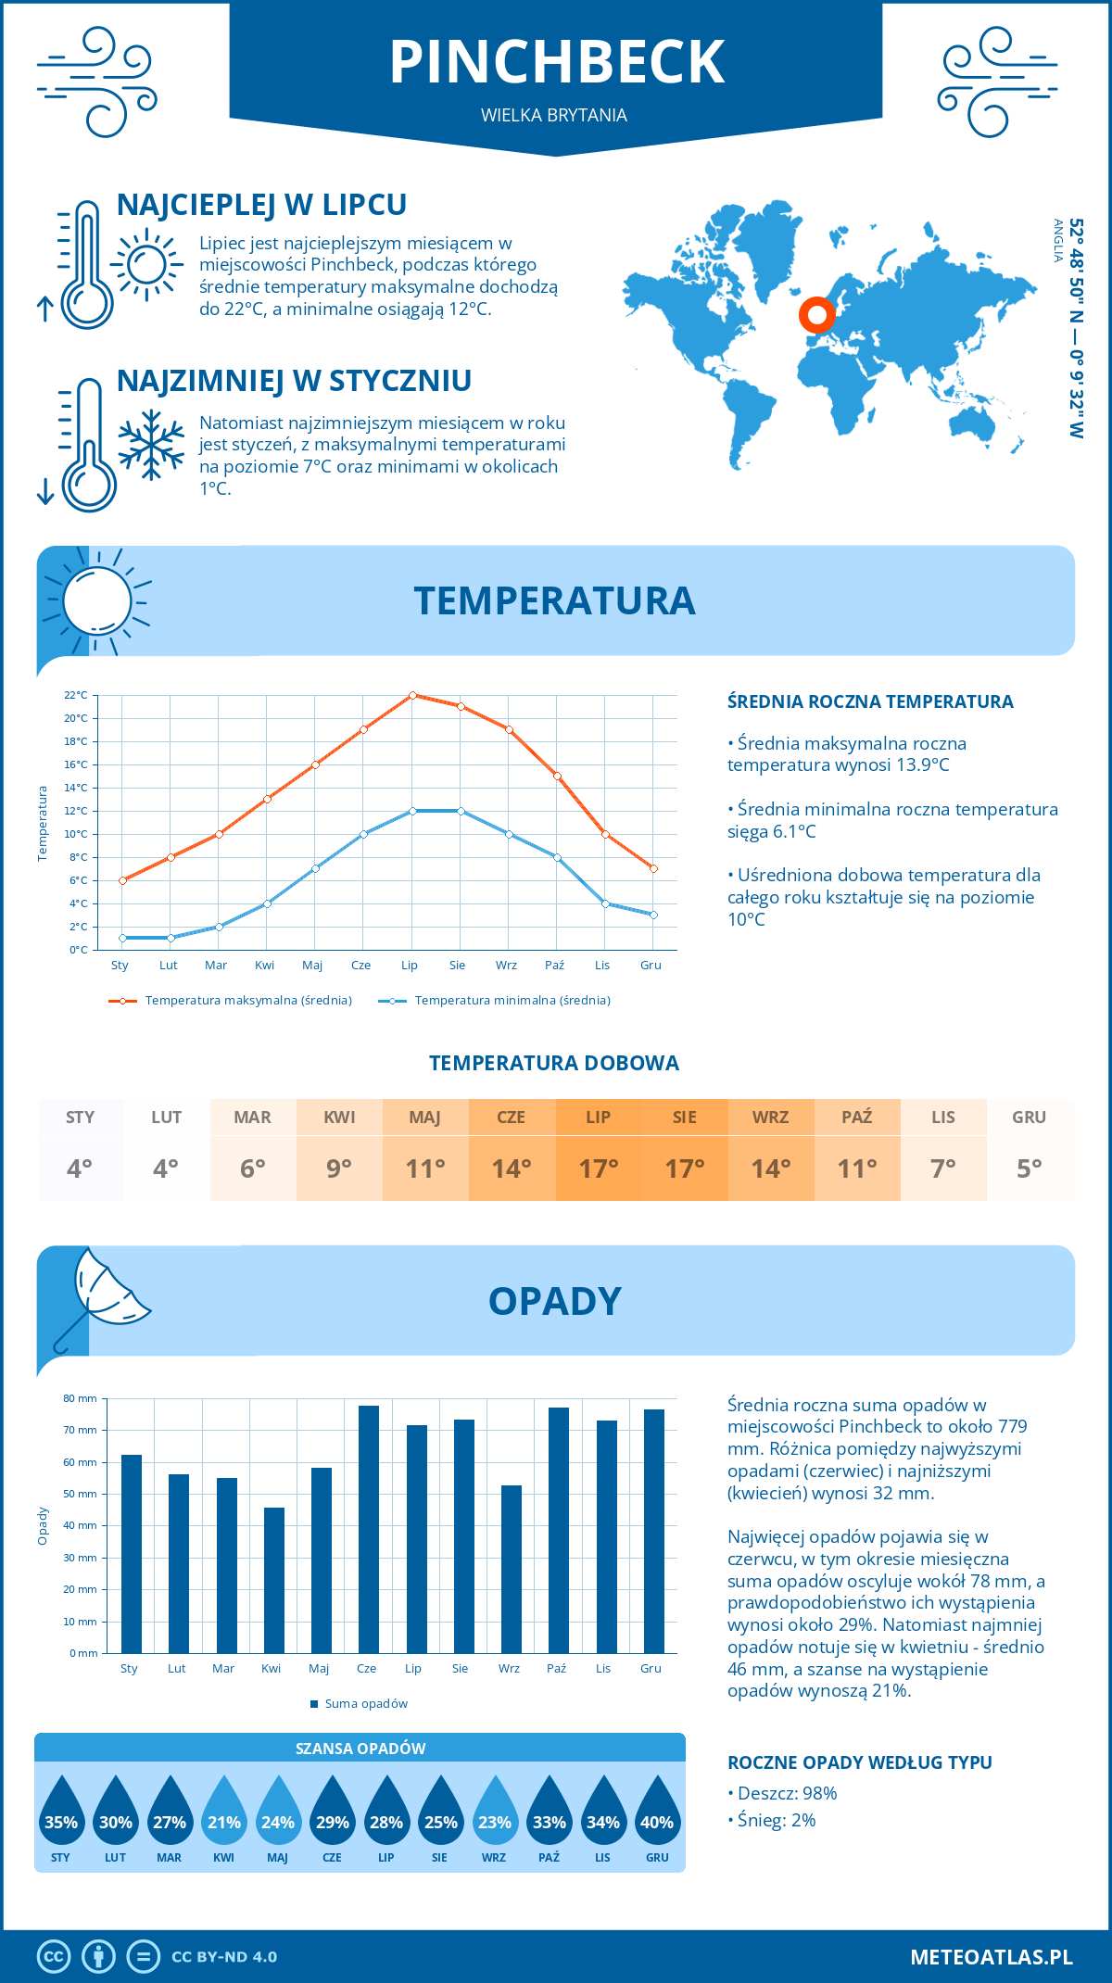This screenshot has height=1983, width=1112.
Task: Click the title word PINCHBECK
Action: coord(556,62)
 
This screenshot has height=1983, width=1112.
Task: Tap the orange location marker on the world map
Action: coord(816,315)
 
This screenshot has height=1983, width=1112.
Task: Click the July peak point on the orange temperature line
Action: coord(412,695)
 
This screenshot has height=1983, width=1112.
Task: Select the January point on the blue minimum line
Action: coord(122,938)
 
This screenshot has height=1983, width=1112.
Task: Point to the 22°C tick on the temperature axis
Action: coord(76,695)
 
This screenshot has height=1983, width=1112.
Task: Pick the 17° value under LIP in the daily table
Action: coord(598,1168)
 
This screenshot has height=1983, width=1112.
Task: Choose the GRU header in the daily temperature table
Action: coord(1029,1117)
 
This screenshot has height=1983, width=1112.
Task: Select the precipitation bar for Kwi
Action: coord(273,1580)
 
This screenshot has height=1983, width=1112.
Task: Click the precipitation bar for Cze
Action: coord(369,1529)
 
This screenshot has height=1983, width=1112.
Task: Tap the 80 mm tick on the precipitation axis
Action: coord(81,1398)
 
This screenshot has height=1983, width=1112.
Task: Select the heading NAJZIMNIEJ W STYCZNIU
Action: coord(294,381)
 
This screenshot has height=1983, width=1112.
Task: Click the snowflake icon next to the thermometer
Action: coord(151,445)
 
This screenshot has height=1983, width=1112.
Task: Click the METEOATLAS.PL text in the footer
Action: coord(991,1956)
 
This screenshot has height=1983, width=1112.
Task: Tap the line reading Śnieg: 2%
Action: coord(777,1820)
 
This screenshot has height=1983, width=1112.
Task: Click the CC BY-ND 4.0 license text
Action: coord(224,1956)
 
